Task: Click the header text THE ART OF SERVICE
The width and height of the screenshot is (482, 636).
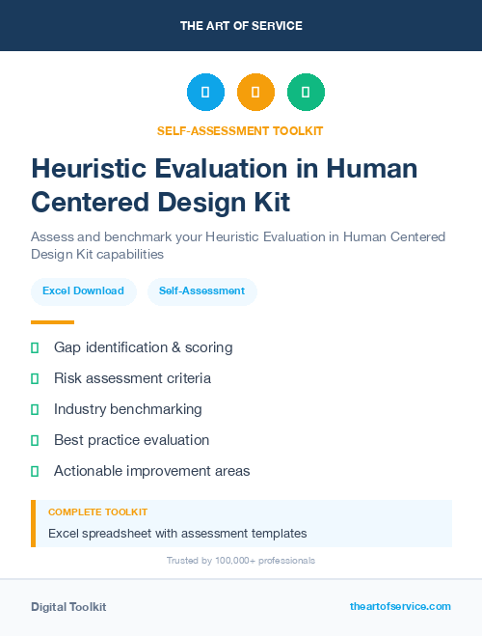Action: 241,26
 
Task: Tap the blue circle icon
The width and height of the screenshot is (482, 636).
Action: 205,93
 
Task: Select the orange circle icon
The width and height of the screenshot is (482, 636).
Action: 255,93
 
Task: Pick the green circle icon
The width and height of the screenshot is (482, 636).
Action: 306,93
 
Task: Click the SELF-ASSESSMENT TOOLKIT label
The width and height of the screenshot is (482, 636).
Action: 240,130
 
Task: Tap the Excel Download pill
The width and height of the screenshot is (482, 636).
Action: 83,290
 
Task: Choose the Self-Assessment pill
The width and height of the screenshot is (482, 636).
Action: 201,290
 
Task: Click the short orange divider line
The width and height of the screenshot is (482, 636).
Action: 52,322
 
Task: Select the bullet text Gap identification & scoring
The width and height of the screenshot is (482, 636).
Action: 143,347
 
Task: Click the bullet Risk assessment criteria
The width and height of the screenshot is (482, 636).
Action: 132,378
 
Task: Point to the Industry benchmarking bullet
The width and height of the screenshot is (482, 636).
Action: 127,409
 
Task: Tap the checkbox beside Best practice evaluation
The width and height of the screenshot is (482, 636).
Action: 35,440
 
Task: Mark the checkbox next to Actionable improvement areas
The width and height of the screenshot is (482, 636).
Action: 35,471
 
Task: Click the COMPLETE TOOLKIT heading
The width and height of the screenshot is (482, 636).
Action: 97,512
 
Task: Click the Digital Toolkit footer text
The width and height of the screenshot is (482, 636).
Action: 68,607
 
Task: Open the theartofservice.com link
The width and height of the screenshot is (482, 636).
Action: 400,606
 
